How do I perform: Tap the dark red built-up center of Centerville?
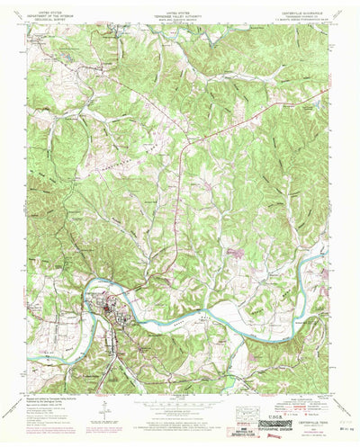pos(109,315)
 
